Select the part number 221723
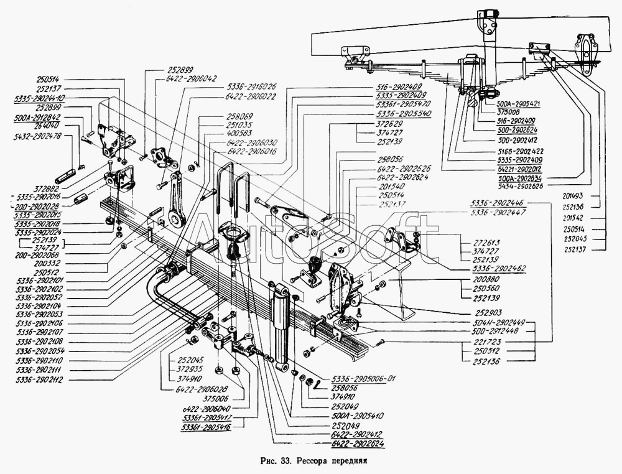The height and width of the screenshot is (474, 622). (x=486, y=343)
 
